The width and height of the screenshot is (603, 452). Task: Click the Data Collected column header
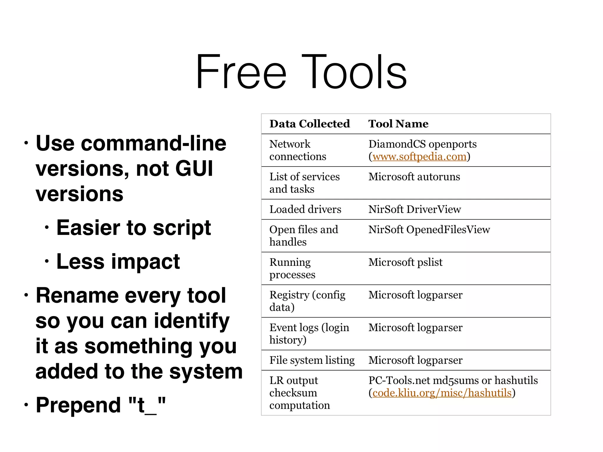(x=309, y=124)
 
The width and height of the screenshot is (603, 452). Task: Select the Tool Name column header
(x=398, y=124)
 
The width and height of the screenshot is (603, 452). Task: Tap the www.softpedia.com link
(x=419, y=157)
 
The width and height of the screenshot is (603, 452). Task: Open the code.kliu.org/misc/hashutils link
(x=442, y=393)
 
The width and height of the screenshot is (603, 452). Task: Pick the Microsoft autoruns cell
(x=414, y=177)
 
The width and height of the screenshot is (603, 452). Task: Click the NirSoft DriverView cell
(x=415, y=209)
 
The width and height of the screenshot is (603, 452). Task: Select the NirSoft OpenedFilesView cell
(x=429, y=230)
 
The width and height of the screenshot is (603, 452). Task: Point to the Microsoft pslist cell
(x=405, y=262)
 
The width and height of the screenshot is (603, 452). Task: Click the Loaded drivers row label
(x=305, y=209)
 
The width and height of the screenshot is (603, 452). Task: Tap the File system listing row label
(x=312, y=360)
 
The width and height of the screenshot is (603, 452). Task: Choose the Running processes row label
(x=292, y=268)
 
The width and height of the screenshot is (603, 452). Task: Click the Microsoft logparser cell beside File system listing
(x=415, y=360)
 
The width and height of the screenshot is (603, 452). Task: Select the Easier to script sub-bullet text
(x=133, y=228)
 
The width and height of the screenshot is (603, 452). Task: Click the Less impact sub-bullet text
(x=118, y=262)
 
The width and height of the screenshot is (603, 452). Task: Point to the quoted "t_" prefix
(x=147, y=405)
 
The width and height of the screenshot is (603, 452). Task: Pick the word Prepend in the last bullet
(x=78, y=405)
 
